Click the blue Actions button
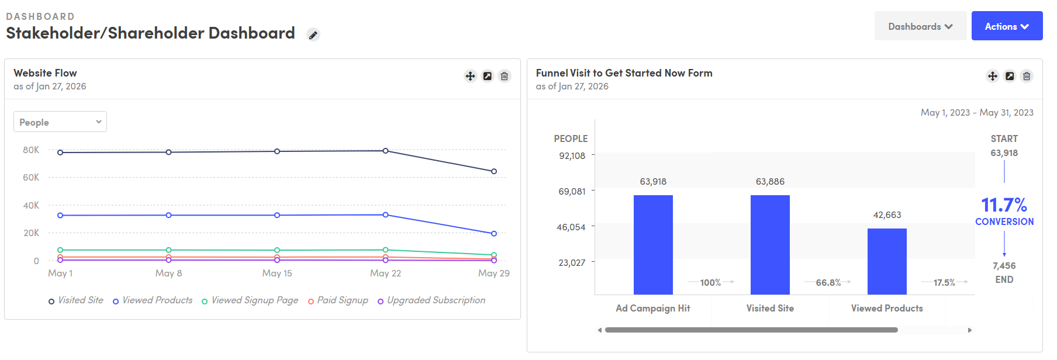[1006, 26]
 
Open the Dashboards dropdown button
[920, 26]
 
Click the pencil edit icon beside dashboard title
[313, 35]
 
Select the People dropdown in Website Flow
[60, 122]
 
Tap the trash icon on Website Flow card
[504, 76]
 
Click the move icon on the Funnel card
[992, 76]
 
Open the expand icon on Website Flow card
[487, 76]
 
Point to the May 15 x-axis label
[277, 273]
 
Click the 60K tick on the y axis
[31, 177]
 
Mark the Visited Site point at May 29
[494, 171]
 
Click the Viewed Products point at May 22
[385, 214]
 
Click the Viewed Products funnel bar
[887, 261]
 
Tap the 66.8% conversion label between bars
[828, 282]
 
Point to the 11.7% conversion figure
[1004, 205]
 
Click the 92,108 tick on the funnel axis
[572, 155]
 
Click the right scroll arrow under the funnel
[969, 330]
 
